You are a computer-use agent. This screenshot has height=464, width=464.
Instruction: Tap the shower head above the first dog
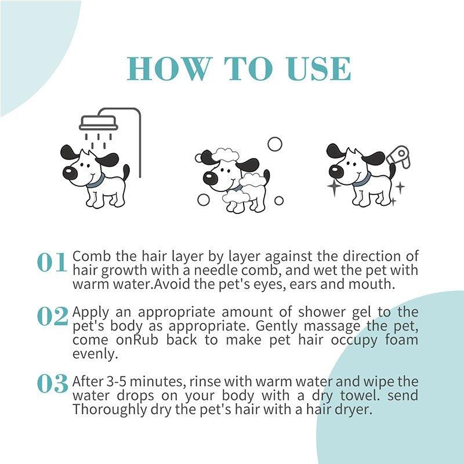99,124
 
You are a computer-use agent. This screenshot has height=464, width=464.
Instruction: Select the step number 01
52,263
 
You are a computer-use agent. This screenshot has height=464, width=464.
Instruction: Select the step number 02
52,317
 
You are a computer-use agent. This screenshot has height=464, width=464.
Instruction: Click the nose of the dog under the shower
69,172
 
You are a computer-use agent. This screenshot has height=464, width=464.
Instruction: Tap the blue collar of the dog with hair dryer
360,180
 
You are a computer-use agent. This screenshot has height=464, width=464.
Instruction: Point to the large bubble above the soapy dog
274,144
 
